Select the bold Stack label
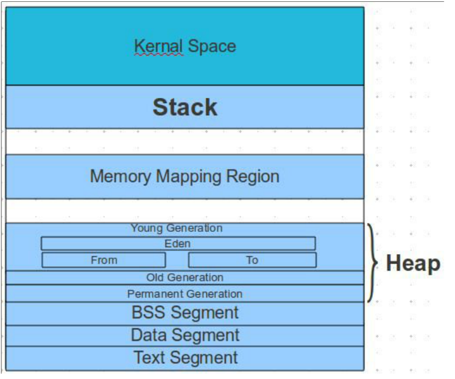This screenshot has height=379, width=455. click(x=185, y=107)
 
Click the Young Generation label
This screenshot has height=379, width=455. click(x=176, y=228)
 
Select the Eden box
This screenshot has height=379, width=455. click(x=178, y=243)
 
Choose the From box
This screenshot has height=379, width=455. click(x=104, y=260)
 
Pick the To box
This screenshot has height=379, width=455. click(x=252, y=260)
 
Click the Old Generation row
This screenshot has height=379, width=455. click(x=185, y=278)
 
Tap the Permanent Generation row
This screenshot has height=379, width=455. click(x=185, y=294)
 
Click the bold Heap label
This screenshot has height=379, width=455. click(x=413, y=263)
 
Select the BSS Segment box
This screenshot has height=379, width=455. click(x=185, y=313)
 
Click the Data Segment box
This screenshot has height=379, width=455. click(x=185, y=335)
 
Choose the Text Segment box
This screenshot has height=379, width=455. click(x=185, y=357)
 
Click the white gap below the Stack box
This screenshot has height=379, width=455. click(x=185, y=141)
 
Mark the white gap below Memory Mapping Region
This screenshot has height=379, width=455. click(x=185, y=210)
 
